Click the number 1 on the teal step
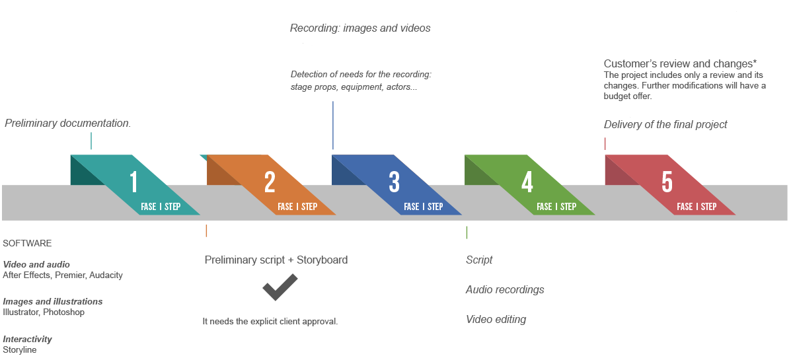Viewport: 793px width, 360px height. click(x=133, y=182)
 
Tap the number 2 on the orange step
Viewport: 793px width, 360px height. click(x=270, y=182)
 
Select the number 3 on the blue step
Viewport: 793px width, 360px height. click(x=395, y=182)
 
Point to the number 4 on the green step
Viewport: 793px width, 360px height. click(x=527, y=182)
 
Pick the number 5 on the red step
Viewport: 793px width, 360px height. click(x=667, y=182)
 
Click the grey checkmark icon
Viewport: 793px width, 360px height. click(x=280, y=287)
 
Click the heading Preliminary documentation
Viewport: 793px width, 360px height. click(x=67, y=124)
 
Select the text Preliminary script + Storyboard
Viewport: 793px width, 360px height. click(x=276, y=260)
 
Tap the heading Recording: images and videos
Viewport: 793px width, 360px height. click(x=360, y=28)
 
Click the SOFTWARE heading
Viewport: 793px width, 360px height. click(x=27, y=243)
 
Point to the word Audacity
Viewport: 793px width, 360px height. click(x=106, y=275)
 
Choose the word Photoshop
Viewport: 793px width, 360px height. click(x=64, y=312)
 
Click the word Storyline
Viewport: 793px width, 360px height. click(x=20, y=349)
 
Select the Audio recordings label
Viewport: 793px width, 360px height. click(x=505, y=289)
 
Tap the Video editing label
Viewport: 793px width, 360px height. click(x=496, y=319)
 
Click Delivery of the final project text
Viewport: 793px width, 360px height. click(x=665, y=124)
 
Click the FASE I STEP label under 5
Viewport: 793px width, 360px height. click(x=697, y=207)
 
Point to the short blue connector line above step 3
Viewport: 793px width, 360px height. click(x=333, y=125)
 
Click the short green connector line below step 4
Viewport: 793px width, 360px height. click(x=467, y=232)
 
